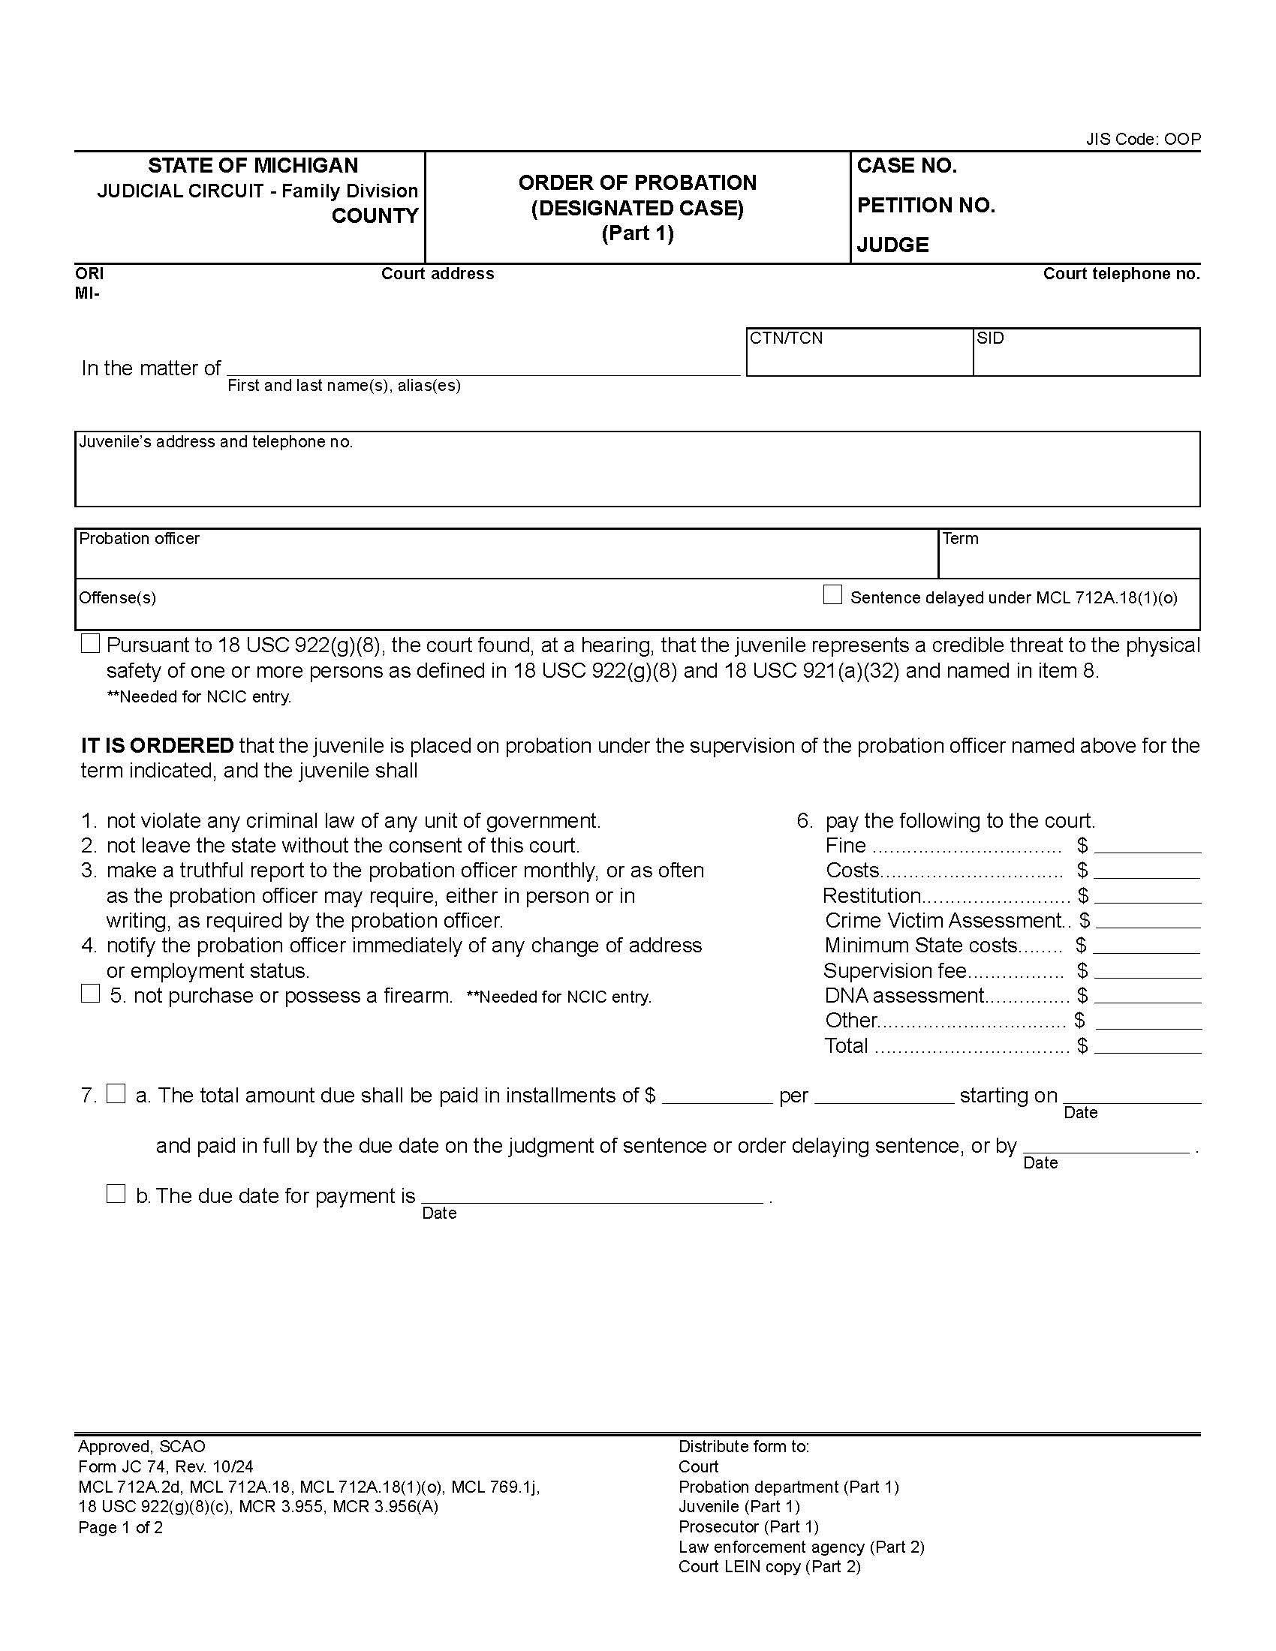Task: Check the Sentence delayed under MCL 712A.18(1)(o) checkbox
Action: tap(832, 595)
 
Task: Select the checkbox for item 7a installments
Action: tap(116, 1093)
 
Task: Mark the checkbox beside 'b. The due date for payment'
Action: tap(116, 1194)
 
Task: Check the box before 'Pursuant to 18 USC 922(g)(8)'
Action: tap(91, 643)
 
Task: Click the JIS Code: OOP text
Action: tap(1143, 139)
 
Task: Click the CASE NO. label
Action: tap(907, 166)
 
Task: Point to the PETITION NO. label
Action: tap(925, 206)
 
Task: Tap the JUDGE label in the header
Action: tap(892, 245)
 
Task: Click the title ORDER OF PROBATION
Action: tap(637, 183)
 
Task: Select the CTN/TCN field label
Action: tap(786, 338)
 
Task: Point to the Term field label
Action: tap(960, 538)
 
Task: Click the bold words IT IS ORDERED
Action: tap(157, 745)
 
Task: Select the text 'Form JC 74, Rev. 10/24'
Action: tap(166, 1466)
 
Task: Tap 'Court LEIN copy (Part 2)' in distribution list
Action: tap(769, 1566)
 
